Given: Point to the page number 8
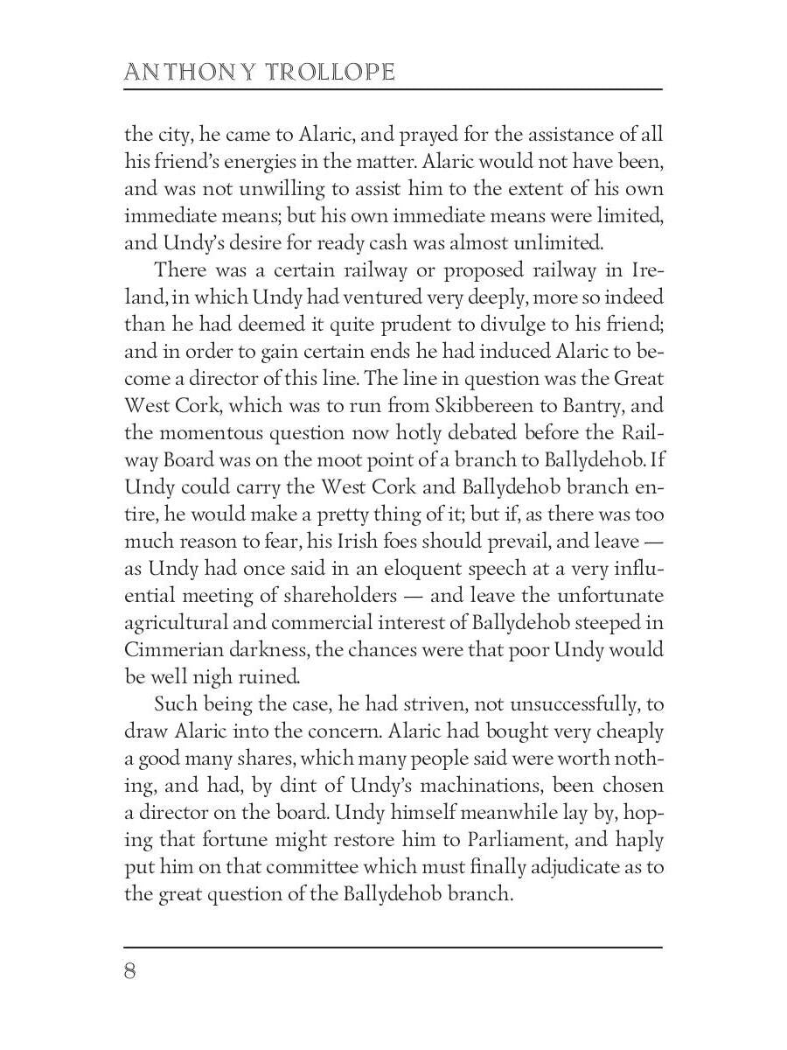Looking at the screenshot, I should [130, 972].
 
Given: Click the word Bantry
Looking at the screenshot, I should [585, 406].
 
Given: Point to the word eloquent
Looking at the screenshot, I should [384, 569].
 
